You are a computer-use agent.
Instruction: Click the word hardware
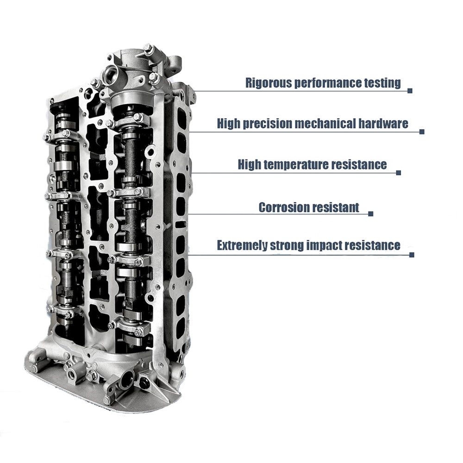pyautogui.click(x=383, y=124)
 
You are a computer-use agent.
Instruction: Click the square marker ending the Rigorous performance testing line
pyautogui.click(x=410, y=91)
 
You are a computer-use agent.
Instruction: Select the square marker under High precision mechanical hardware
pyautogui.click(x=422, y=131)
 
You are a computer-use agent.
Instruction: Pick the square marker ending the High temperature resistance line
pyautogui.click(x=399, y=173)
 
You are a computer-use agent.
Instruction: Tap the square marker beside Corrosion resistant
pyautogui.click(x=371, y=214)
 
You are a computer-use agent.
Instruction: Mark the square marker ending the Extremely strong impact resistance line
pyautogui.click(x=412, y=255)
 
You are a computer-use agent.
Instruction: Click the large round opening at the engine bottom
pyautogui.click(x=128, y=378)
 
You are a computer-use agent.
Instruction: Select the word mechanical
pyautogui.click(x=325, y=124)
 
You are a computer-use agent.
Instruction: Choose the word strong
pyautogui.click(x=287, y=246)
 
